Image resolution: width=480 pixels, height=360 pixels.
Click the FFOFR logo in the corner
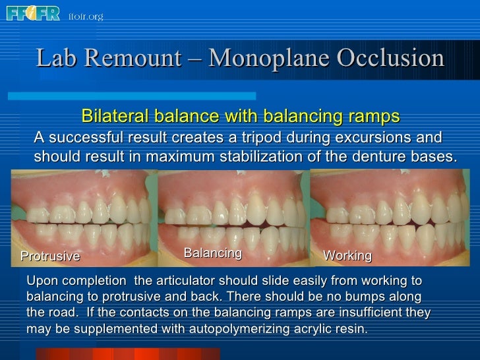(33, 13)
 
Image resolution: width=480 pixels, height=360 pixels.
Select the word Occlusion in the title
(391, 59)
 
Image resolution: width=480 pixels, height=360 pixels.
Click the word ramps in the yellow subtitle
(375, 117)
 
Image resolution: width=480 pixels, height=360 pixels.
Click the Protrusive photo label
(50, 256)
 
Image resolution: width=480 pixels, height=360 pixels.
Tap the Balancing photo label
(212, 253)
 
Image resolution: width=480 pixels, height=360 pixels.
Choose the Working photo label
(347, 256)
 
